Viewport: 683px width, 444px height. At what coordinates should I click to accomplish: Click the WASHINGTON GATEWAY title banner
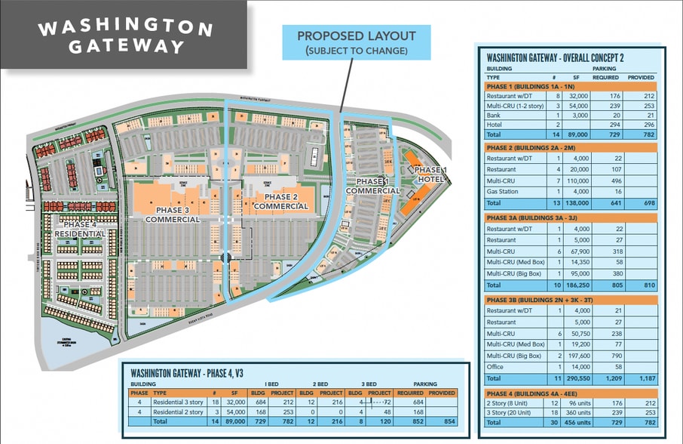[125, 36]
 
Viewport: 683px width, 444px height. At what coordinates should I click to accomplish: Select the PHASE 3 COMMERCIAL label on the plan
[172, 213]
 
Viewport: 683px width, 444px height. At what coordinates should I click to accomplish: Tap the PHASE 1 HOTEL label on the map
[430, 174]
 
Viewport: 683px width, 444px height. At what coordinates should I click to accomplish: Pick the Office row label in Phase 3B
[496, 366]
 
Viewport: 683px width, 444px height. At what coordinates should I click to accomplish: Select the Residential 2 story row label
[179, 412]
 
